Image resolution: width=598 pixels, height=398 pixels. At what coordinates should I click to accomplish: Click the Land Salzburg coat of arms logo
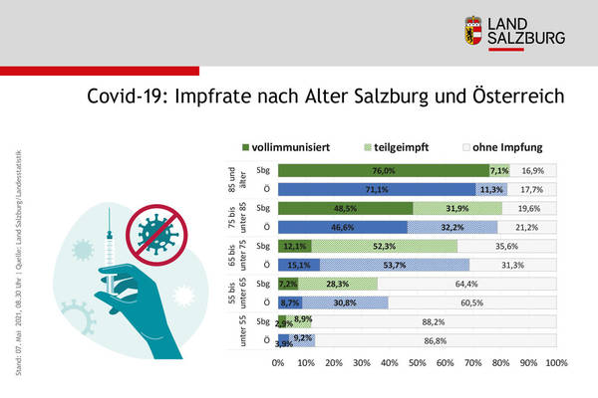(x=473, y=30)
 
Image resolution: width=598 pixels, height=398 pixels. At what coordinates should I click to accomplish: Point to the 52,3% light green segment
(x=385, y=246)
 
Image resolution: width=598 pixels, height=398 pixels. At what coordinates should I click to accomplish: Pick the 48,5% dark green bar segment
(x=345, y=208)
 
